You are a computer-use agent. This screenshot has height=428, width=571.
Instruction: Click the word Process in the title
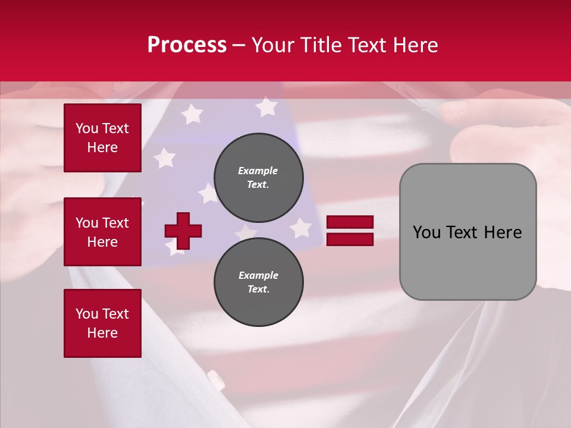tap(187, 45)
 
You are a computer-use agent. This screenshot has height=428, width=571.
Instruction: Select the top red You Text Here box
tap(102, 138)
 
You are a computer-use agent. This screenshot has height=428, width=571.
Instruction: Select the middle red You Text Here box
tap(102, 232)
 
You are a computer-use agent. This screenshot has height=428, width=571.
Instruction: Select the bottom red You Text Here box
tap(102, 323)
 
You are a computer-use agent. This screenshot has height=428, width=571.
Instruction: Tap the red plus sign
tap(183, 231)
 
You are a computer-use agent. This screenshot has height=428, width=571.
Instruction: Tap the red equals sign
tap(350, 231)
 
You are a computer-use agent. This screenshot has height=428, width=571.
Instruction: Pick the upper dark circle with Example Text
tap(259, 177)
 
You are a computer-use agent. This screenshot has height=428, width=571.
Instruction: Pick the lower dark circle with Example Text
tap(259, 282)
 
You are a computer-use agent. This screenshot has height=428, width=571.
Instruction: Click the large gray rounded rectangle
tap(468, 232)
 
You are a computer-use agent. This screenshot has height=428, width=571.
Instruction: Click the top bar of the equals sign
tap(350, 222)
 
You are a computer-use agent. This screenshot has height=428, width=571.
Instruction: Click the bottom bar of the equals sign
tap(350, 239)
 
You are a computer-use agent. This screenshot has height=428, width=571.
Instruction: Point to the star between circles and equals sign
tap(301, 228)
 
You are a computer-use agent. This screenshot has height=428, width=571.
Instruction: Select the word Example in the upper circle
tap(258, 171)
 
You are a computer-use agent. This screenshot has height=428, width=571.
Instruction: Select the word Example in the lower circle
tap(258, 275)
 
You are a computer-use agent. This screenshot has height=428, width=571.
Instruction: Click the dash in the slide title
tap(239, 45)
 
